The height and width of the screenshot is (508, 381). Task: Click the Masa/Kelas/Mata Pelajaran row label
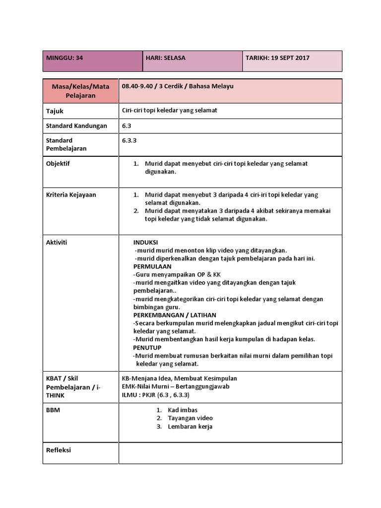pos(80,91)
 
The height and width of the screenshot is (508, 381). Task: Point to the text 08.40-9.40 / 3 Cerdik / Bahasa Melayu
pos(178,86)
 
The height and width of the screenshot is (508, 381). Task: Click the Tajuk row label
pos(55,111)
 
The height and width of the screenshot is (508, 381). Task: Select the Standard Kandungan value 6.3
pos(127,126)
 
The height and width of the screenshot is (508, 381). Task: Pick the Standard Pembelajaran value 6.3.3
pos(129,140)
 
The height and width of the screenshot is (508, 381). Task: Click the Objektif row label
pos(58,164)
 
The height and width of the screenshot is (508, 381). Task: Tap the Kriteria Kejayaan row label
pos(71,195)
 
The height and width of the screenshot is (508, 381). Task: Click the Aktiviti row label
pos(57,243)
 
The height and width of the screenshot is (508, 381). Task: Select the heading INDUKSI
pos(145,242)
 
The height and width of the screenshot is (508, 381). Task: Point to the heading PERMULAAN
pos(150,266)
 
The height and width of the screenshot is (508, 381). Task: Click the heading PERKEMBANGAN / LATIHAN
pos(175,315)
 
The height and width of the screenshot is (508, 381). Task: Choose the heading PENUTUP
pos(147,348)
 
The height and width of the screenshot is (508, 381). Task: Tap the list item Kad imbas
pos(183,410)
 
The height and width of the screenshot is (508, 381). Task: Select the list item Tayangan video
pos(190,418)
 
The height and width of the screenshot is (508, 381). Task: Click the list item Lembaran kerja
pos(190,427)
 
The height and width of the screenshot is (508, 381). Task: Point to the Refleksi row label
pos(59,450)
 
